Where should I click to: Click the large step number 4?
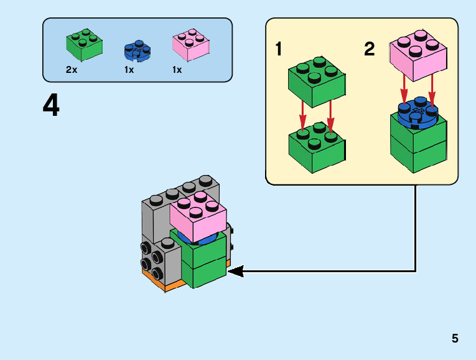point(52,106)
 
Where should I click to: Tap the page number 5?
point(455,339)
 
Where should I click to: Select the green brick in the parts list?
point(84,45)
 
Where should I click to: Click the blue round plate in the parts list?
point(138,50)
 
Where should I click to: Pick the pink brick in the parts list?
point(191,45)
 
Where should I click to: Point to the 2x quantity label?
point(72,70)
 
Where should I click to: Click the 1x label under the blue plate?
point(129,70)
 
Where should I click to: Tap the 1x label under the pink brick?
point(177,70)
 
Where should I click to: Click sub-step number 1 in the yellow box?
point(279,49)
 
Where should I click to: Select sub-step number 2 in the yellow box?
point(370,49)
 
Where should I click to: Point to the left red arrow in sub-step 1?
point(303,114)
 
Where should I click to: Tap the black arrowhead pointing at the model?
point(236,271)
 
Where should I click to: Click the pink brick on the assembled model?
point(197,217)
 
